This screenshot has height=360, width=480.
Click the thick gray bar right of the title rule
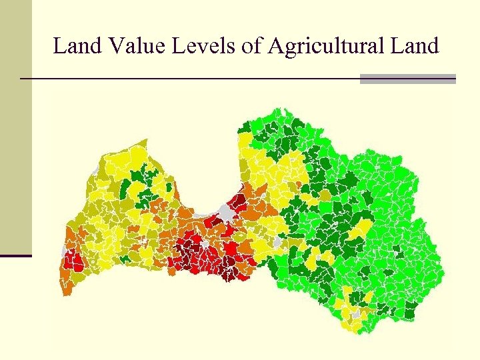point(407,79)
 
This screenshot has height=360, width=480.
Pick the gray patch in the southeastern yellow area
point(357,313)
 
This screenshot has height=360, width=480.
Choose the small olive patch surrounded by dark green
point(325,194)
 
